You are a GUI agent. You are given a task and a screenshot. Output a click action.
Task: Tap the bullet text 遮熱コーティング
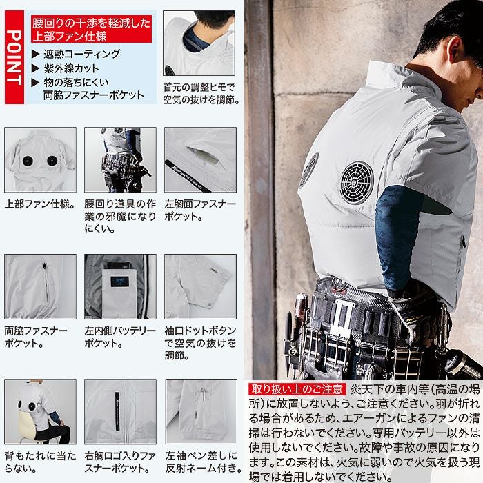click(81, 54)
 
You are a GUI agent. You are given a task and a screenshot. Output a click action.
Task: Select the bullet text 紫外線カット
click(71, 68)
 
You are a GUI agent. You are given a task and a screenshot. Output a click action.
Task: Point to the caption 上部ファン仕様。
click(39, 205)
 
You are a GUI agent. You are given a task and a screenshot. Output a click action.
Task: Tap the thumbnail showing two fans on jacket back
click(40, 159)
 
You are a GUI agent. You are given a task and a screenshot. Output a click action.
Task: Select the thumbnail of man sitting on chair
click(40, 411)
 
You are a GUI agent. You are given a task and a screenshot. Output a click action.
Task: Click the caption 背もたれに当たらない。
click(40, 462)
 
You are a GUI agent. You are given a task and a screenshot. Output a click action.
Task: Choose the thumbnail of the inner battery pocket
click(120, 286)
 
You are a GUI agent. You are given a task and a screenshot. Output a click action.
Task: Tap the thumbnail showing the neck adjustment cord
click(199, 42)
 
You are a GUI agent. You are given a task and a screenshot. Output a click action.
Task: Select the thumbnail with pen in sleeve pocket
click(200, 411)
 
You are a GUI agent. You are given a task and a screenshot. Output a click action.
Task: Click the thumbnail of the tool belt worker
click(120, 159)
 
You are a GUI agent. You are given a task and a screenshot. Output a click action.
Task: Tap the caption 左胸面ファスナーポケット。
click(200, 210)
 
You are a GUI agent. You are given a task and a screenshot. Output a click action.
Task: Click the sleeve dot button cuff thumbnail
click(200, 286)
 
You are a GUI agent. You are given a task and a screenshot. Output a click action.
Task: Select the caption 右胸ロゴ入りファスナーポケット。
click(120, 462)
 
